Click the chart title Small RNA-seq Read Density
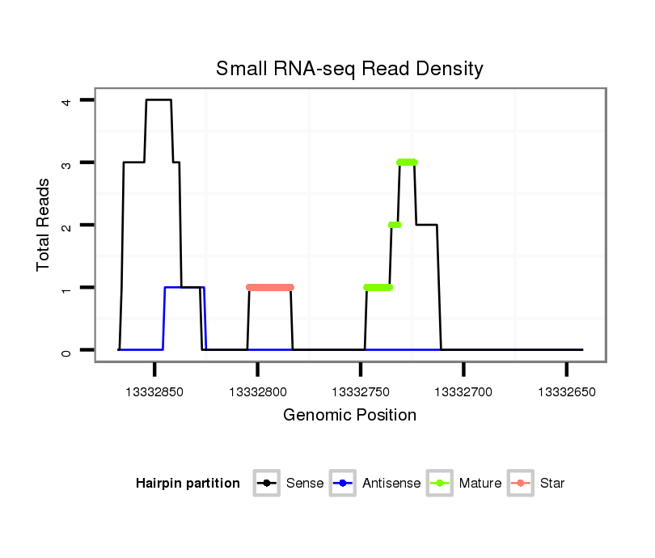tap(349, 69)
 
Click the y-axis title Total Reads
tap(44, 225)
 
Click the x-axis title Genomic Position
tap(349, 416)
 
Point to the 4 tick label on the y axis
tap(67, 100)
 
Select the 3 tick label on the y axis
tap(67, 163)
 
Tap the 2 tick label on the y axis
tap(67, 225)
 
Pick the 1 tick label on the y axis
tap(67, 288)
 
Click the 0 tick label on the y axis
tap(67, 350)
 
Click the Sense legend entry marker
tap(267, 484)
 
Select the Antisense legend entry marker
tap(343, 484)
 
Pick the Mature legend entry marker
tap(440, 484)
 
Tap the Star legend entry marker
tap(521, 484)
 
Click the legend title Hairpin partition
tap(188, 484)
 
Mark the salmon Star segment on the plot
tap(269, 287)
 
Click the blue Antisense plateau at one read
tap(184, 287)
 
